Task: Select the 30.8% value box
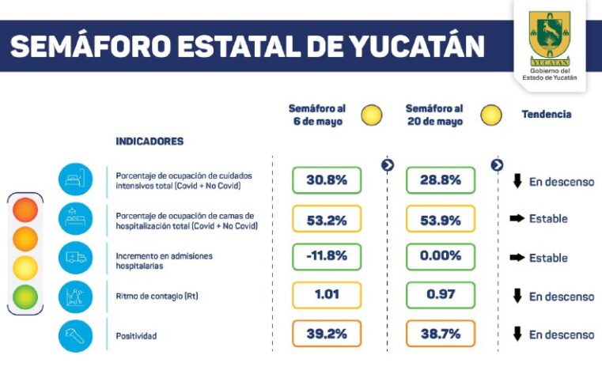coord(327,180)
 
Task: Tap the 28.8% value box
coord(441,180)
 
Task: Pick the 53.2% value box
coord(327,219)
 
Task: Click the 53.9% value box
coord(441,219)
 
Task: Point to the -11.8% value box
coord(327,257)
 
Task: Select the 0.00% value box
coord(441,257)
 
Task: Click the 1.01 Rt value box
coord(327,296)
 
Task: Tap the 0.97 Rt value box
coord(441,296)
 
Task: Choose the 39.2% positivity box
coord(327,334)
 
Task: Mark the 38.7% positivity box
coord(441,334)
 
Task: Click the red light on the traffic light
coord(25,210)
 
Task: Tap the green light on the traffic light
coord(25,296)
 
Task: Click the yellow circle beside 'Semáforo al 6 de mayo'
coord(371,115)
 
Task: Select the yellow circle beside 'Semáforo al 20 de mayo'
coord(491,115)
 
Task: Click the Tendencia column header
coord(546,115)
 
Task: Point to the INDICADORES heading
coord(150,142)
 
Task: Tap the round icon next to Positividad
coord(75,335)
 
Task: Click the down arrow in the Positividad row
coord(517,334)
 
